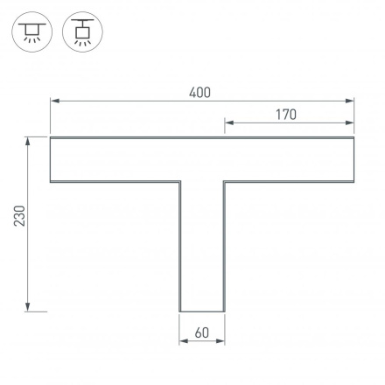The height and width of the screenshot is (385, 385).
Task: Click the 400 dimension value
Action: (199, 93)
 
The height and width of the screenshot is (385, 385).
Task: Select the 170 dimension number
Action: (285, 115)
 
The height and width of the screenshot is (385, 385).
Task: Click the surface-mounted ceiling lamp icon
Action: (32, 31)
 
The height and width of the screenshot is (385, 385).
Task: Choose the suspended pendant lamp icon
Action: (83, 31)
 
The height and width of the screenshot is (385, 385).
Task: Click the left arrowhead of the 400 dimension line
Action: (53, 101)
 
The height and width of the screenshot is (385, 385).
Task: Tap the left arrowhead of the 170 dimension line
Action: (228, 123)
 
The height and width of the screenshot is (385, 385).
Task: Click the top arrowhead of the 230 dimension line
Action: (29, 140)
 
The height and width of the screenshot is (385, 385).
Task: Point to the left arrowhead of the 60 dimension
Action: (183, 341)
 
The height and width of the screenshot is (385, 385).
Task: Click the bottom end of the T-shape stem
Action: (202, 311)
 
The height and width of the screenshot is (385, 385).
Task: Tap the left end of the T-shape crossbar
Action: (51, 159)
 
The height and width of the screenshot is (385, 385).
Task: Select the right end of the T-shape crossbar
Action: (354, 159)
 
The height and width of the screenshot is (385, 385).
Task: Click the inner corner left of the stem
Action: (179, 182)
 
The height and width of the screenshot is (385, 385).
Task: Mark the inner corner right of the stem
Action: (225, 182)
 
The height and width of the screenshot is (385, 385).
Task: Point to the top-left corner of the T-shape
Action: (51, 137)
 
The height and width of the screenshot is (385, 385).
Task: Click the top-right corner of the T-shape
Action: (354, 137)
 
